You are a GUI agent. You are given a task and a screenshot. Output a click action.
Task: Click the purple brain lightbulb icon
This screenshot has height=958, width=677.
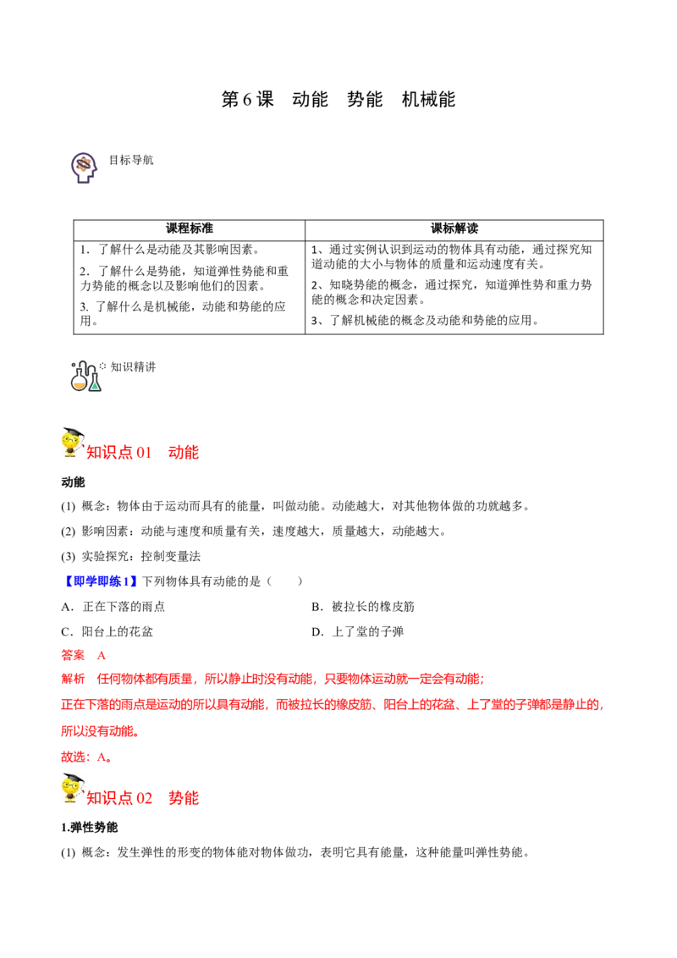coord(84,167)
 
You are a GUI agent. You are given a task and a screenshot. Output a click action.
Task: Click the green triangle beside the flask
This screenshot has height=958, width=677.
coord(96,386)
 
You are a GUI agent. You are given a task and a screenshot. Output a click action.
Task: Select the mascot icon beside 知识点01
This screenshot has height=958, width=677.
coord(71,443)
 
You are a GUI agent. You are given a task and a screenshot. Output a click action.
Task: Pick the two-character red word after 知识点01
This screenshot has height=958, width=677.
coord(184,452)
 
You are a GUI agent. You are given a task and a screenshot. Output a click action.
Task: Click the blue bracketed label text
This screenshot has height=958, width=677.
coord(102,581)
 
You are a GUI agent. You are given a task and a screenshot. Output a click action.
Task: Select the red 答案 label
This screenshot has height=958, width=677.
coord(73,655)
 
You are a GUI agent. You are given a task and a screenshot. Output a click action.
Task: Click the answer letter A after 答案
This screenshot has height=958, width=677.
coord(101,656)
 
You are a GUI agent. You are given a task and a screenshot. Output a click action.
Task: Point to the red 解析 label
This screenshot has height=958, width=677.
coord(73,679)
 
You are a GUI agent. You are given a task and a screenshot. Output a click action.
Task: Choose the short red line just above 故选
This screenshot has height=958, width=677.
coord(101,730)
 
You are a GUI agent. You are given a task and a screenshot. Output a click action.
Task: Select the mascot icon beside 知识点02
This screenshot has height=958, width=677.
coord(71,789)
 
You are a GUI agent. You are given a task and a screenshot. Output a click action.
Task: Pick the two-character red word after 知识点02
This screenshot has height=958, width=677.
coord(184,797)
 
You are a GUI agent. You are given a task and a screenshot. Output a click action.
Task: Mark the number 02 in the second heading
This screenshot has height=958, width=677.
coord(145,797)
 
